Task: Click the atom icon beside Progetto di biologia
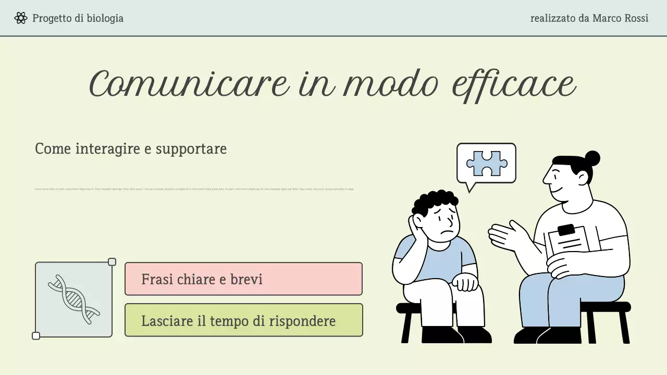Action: pyautogui.click(x=21, y=18)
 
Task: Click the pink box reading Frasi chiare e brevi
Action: pyautogui.click(x=243, y=279)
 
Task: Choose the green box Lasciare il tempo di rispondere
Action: pyautogui.click(x=243, y=320)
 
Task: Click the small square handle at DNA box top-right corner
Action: pyautogui.click(x=112, y=262)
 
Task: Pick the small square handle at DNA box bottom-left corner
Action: pyautogui.click(x=36, y=336)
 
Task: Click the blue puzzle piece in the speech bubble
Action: pyautogui.click(x=487, y=164)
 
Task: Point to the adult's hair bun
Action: pyautogui.click(x=592, y=158)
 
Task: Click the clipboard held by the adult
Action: pyautogui.click(x=567, y=242)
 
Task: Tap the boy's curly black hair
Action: pyautogui.click(x=436, y=201)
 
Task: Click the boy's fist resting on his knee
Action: pyautogui.click(x=465, y=282)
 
